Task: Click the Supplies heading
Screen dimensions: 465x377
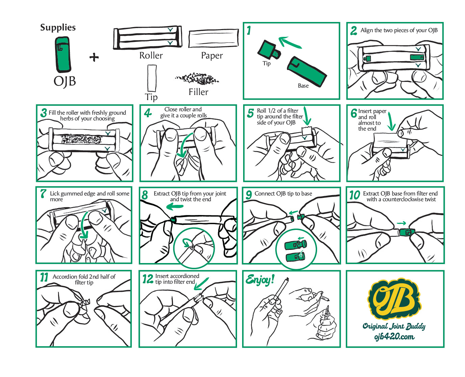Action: pos(58,28)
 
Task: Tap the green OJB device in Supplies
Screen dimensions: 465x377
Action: pos(62,54)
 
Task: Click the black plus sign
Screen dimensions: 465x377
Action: pos(94,57)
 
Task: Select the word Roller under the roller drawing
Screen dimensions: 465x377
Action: pos(151,55)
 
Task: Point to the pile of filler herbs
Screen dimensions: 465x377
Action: pos(197,79)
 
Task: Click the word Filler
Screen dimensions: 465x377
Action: pos(198,92)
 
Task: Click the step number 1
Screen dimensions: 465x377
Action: pos(249,30)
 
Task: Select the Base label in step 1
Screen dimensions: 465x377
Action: pos(303,86)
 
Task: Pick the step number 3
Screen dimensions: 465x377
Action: pos(44,113)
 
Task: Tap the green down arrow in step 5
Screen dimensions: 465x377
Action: pos(307,116)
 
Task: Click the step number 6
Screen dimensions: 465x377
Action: pos(354,113)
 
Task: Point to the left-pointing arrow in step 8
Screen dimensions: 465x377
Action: pos(175,206)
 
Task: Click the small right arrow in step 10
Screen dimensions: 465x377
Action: pos(401,223)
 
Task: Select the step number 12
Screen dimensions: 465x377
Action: pos(148,279)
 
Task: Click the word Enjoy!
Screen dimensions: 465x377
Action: pos(260,280)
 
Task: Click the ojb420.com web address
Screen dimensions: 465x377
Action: pos(394,336)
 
